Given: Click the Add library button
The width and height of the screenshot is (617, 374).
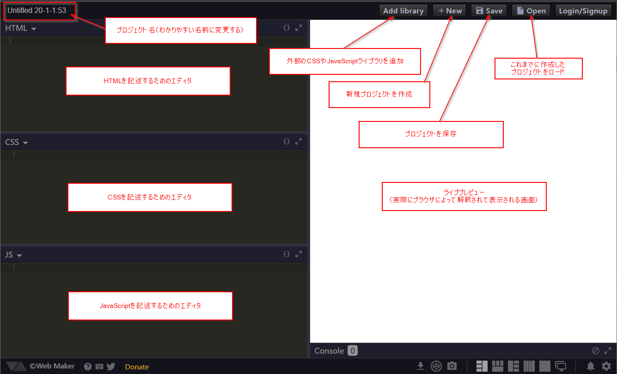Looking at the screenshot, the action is pyautogui.click(x=403, y=11).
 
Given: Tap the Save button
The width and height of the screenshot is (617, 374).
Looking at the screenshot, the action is pyautogui.click(x=489, y=11).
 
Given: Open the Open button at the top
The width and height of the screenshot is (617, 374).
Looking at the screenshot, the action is pyautogui.click(x=531, y=11).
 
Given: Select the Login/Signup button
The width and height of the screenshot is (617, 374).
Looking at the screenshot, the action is pyautogui.click(x=583, y=11).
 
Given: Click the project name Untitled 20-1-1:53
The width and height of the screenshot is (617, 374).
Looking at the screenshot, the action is pyautogui.click(x=37, y=10).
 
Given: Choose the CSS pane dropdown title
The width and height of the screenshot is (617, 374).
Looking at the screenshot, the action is pyautogui.click(x=17, y=142).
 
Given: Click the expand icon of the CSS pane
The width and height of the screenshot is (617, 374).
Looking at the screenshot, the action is pyautogui.click(x=299, y=141).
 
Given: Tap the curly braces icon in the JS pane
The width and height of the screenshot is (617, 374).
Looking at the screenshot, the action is pyautogui.click(x=287, y=253).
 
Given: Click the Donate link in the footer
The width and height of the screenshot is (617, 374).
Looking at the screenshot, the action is pyautogui.click(x=137, y=367).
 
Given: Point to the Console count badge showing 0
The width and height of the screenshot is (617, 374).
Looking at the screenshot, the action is pyautogui.click(x=353, y=351).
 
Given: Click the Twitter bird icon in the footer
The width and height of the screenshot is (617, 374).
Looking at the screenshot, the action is pyautogui.click(x=111, y=367).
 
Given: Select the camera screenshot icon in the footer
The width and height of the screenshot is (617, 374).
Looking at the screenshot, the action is pyautogui.click(x=452, y=366).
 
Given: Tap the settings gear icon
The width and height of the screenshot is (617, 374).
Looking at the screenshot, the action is pyautogui.click(x=606, y=366).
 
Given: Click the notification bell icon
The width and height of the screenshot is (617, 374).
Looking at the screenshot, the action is pyautogui.click(x=591, y=366).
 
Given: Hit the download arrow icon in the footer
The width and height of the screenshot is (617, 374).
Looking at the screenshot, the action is pyautogui.click(x=421, y=366).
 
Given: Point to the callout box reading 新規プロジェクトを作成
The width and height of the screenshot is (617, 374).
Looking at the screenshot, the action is pyautogui.click(x=379, y=95).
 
